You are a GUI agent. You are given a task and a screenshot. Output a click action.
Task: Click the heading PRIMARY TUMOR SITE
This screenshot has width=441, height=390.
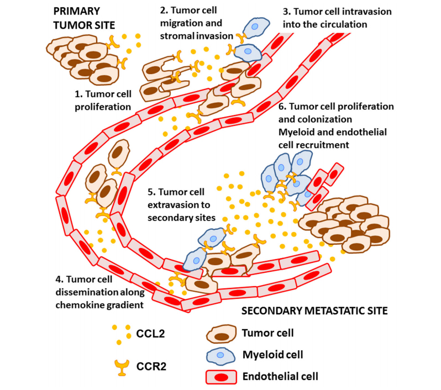tap(85, 17)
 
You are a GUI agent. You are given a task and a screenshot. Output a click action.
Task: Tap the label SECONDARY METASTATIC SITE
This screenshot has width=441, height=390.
tap(315, 310)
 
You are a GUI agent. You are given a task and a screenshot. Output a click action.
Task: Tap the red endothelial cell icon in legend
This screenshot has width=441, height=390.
tap(221, 377)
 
